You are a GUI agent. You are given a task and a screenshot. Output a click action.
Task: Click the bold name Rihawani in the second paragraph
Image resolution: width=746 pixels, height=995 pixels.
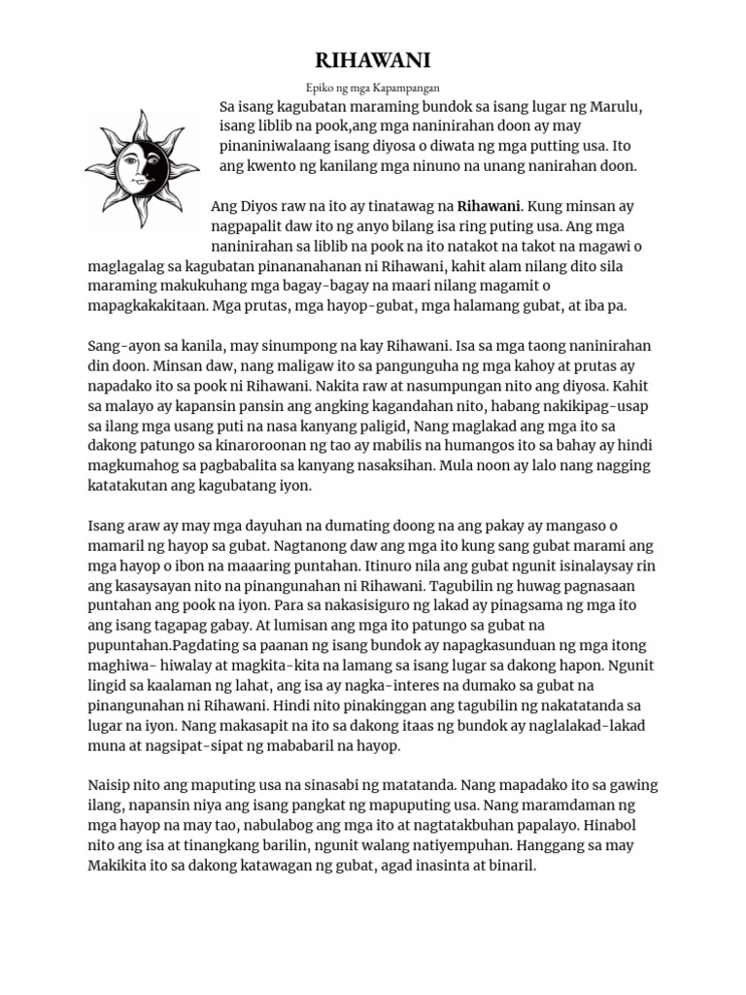[489, 206]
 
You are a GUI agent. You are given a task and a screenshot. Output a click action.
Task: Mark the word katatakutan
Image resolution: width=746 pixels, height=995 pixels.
[140, 486]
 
